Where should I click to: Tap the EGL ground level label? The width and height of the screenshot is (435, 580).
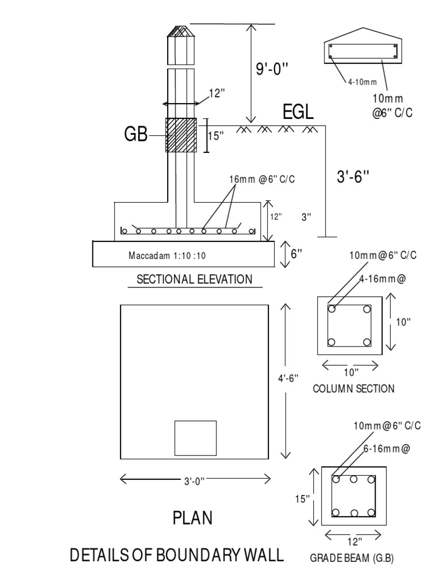(x=298, y=112)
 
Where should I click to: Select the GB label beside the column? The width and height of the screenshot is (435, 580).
(x=135, y=134)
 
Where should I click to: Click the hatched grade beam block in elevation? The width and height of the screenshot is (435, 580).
(x=181, y=135)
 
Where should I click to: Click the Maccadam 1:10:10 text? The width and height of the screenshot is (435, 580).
(x=167, y=255)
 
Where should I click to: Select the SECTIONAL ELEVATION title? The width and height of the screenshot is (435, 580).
(x=194, y=279)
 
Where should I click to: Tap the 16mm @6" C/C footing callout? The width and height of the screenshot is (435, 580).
(x=262, y=179)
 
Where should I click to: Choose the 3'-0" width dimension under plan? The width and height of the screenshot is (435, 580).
(x=194, y=481)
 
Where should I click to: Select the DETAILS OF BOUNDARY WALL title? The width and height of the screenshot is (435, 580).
(x=176, y=555)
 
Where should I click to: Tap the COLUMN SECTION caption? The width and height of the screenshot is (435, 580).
(x=353, y=389)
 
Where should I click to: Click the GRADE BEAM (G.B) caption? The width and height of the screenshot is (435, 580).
(x=351, y=558)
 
